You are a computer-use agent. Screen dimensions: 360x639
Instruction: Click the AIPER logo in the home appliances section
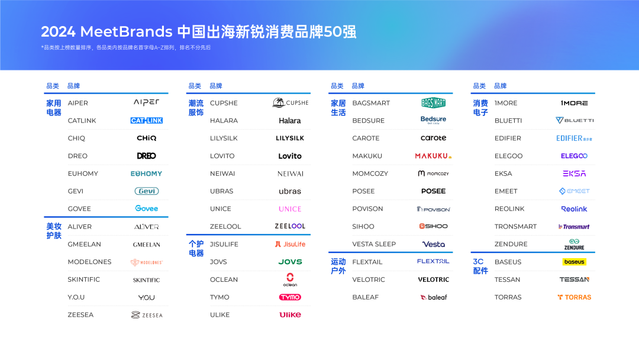point(146,102)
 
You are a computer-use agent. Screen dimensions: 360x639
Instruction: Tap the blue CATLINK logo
point(146,120)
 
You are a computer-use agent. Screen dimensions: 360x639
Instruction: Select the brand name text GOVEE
point(79,209)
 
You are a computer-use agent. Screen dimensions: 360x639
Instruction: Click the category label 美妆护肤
point(54,231)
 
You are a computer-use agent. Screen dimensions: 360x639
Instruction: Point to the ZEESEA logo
point(146,315)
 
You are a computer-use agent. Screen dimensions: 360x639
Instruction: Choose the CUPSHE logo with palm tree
point(290,102)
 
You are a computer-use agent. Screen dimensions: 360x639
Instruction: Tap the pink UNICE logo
point(290,209)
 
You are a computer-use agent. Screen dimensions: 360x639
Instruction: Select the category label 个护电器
point(196,249)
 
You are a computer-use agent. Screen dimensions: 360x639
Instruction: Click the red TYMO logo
point(290,297)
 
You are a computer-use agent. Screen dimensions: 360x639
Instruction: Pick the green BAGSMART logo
point(433,102)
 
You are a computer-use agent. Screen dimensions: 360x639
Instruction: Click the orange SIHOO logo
point(433,226)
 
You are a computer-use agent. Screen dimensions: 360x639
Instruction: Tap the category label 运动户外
point(338,266)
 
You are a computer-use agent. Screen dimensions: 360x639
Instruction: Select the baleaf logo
point(433,297)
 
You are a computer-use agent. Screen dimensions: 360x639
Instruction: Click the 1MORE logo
point(575,103)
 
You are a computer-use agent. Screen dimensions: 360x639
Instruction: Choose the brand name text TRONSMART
point(515,227)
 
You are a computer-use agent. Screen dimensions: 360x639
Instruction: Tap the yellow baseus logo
point(575,262)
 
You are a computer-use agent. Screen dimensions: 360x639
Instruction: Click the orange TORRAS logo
point(575,297)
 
